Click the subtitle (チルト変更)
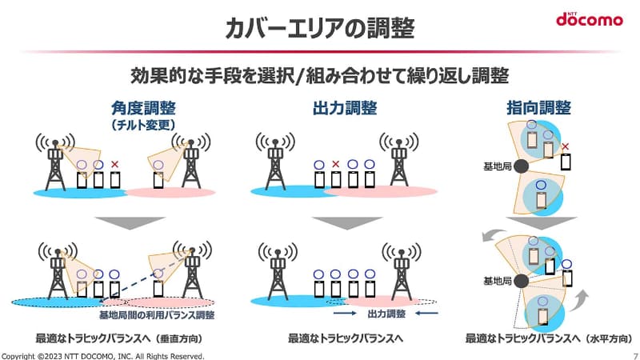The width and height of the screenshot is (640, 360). click(x=143, y=125)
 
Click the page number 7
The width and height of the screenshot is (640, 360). click(x=634, y=355)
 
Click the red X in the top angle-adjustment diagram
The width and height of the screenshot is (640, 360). click(x=115, y=164)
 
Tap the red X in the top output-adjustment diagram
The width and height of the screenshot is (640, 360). click(x=336, y=165)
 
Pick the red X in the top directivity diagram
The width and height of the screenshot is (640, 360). click(x=566, y=146)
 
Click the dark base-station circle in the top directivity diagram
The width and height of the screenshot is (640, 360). click(x=521, y=166)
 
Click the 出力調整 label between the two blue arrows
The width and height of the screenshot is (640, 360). click(x=386, y=314)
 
